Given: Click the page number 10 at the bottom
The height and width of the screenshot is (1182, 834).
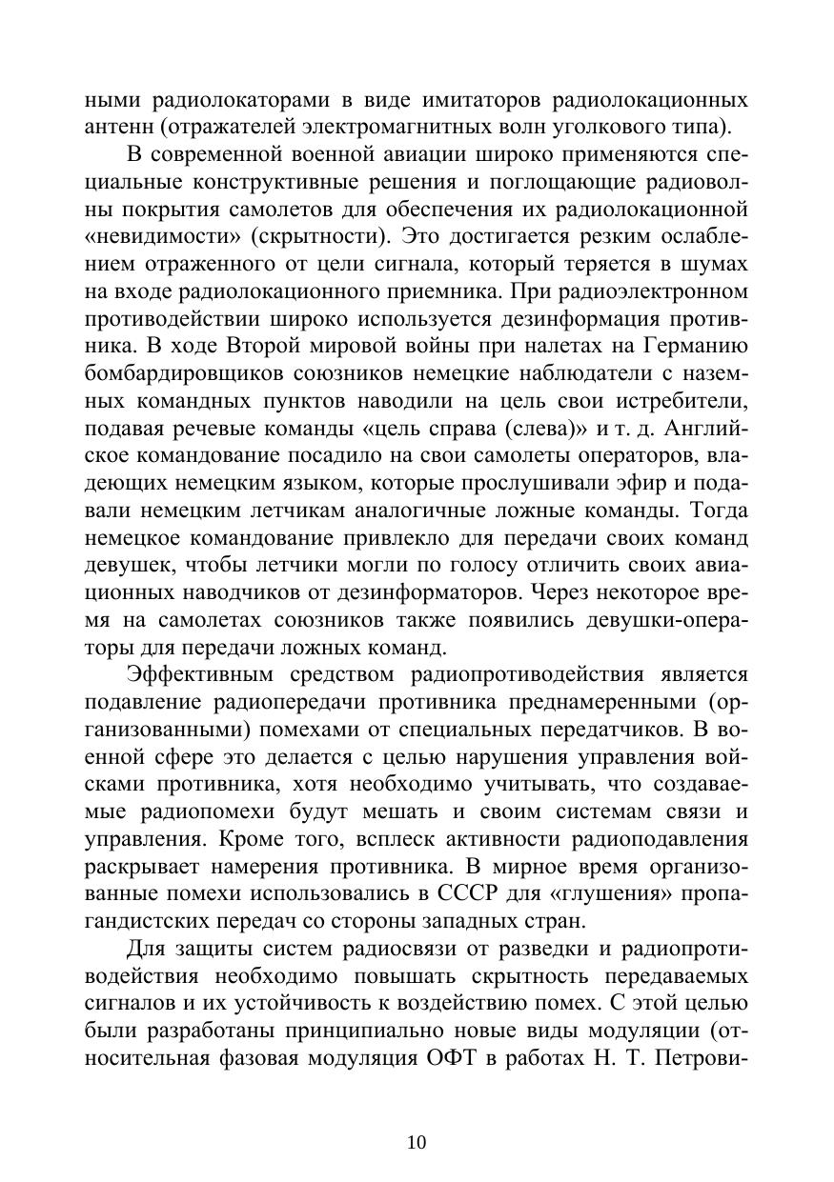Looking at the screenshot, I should pyautogui.click(x=417, y=1116).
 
